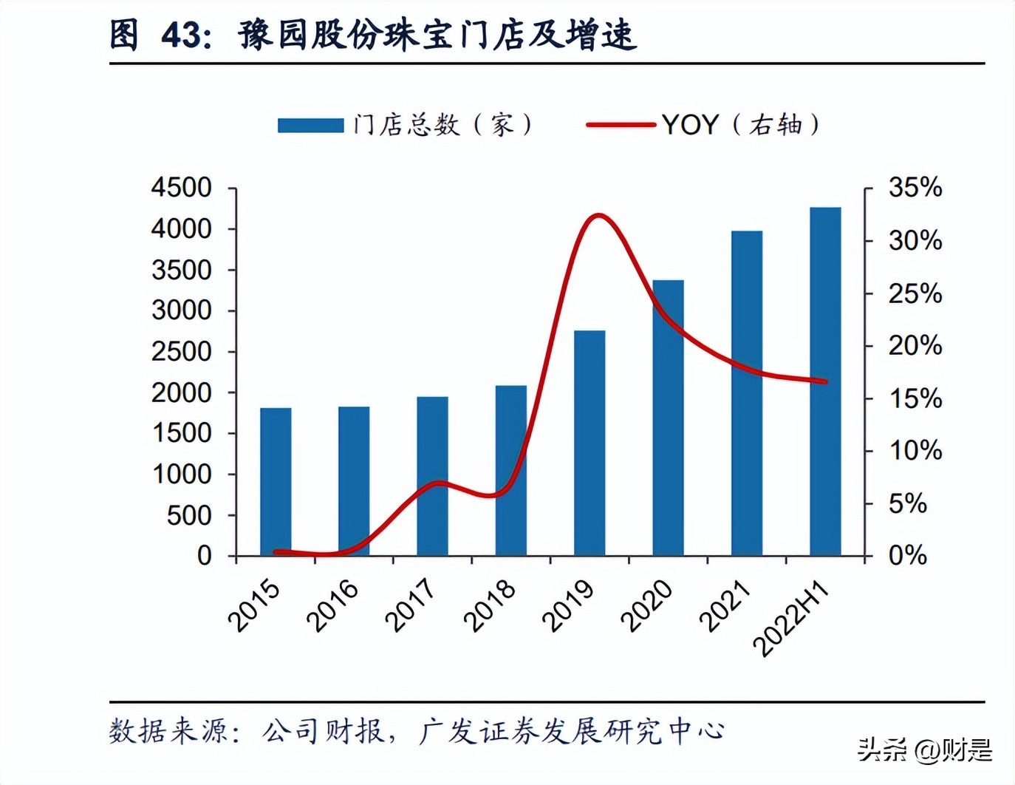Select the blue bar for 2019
click(x=589, y=444)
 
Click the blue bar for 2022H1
click(x=825, y=381)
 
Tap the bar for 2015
click(x=276, y=482)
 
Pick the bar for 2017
click(x=432, y=477)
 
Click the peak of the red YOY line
click(x=598, y=216)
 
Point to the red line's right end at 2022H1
click(x=824, y=381)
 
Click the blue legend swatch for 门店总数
click(x=310, y=125)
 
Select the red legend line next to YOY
click(x=621, y=125)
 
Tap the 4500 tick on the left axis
click(x=182, y=188)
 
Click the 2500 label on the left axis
click(x=182, y=351)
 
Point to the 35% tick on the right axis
click(x=915, y=188)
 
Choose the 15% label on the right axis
click(x=915, y=398)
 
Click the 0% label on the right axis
click(x=907, y=555)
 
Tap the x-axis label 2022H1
click(x=790, y=617)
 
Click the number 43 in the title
click(x=182, y=35)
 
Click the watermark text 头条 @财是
click(x=925, y=751)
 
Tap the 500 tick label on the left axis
click(x=189, y=515)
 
